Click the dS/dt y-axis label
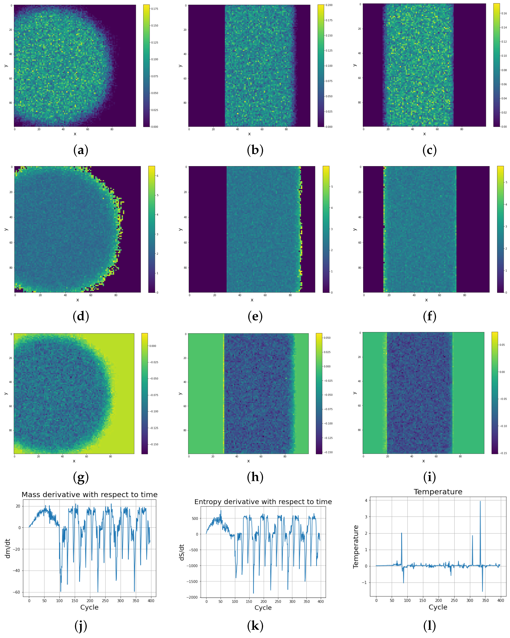182,552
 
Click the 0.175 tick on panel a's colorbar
155,9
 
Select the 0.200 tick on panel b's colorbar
329,5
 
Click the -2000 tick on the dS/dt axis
192,597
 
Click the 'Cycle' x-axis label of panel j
89,607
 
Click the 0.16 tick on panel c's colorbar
504,13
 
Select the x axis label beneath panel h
248,461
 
